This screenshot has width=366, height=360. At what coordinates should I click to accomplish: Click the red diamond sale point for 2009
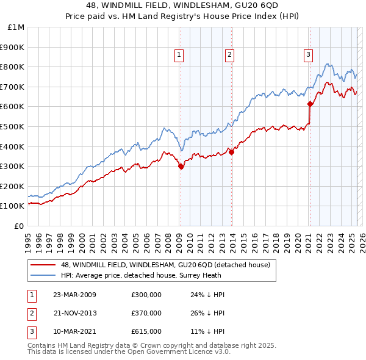181,166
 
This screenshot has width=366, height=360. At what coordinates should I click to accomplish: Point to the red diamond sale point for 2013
231,152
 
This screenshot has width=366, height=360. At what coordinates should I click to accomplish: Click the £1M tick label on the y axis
16,27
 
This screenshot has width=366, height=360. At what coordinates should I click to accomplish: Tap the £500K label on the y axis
13,126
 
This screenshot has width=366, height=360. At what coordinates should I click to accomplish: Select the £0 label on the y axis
19,226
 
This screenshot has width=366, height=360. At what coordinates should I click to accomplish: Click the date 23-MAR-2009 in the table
74,295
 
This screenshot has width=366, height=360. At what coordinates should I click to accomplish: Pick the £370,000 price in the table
146,313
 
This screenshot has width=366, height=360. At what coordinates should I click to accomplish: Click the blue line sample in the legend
43,275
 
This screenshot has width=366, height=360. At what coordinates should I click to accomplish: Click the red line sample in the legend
43,265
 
